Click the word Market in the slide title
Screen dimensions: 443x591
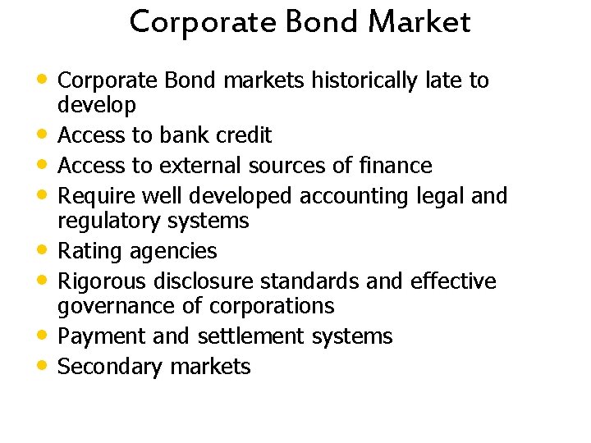tap(419, 22)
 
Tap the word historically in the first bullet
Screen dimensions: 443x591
tap(336, 80)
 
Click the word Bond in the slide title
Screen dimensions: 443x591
tap(323, 22)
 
